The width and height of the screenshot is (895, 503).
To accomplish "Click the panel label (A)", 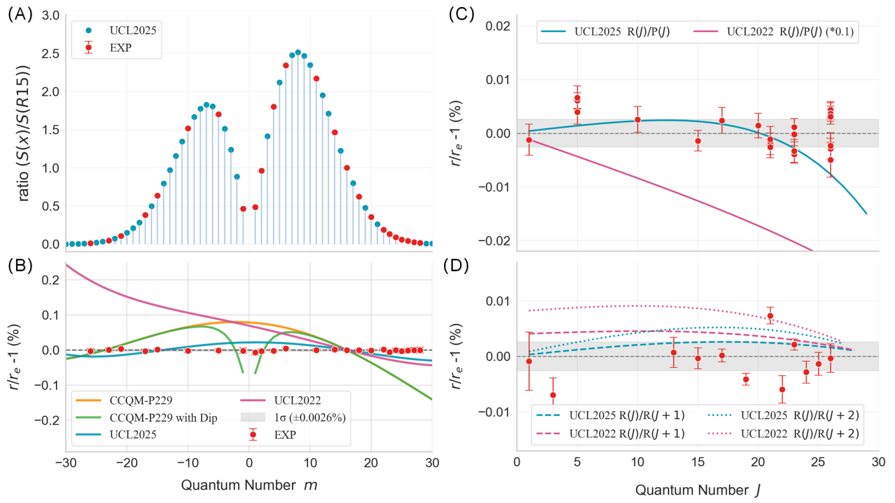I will point(20,14).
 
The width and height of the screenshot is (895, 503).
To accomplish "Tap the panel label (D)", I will point(456,265).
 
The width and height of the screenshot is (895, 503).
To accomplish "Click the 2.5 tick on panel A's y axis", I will point(51,54).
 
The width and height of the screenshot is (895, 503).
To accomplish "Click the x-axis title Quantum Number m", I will point(249,485).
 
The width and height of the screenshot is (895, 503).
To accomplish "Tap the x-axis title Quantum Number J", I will point(697,490).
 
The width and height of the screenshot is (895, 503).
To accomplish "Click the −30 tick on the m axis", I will point(66,463).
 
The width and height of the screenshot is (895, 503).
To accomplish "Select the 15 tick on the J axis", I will point(698,462).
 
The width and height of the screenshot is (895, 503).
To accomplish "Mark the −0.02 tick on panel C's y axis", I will point(494,241).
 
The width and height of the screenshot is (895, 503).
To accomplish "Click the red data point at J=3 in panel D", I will point(553,395).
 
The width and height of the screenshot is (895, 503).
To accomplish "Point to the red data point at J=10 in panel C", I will point(638,120).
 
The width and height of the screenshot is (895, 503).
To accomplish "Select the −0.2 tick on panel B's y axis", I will point(47,420).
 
